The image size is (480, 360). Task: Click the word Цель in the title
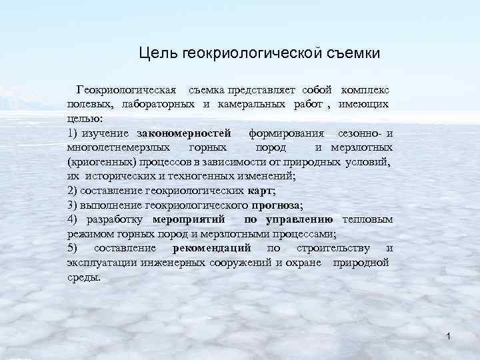(x=155, y=52)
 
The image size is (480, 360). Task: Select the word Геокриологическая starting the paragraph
(x=127, y=89)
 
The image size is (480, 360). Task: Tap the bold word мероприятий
(x=188, y=219)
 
